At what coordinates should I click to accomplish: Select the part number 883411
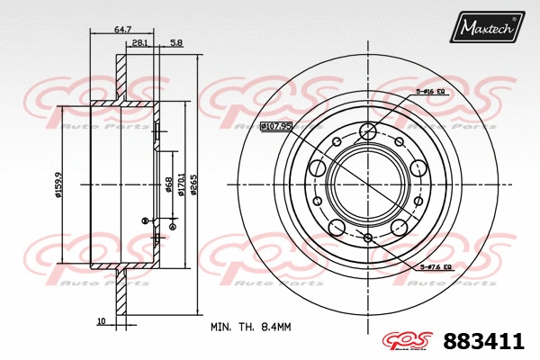tap(482, 341)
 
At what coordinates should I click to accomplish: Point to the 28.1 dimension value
tap(139, 42)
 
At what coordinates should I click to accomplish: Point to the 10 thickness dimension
tap(101, 320)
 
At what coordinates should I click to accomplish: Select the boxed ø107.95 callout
tap(276, 126)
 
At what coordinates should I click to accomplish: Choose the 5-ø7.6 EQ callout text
tap(436, 267)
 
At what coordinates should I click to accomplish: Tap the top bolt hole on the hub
tap(367, 132)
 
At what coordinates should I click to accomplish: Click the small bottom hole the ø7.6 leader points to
tap(367, 237)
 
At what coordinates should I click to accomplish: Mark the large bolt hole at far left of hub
tap(317, 167)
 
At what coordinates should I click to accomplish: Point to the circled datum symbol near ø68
tap(145, 220)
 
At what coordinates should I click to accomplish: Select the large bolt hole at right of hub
tap(418, 168)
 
